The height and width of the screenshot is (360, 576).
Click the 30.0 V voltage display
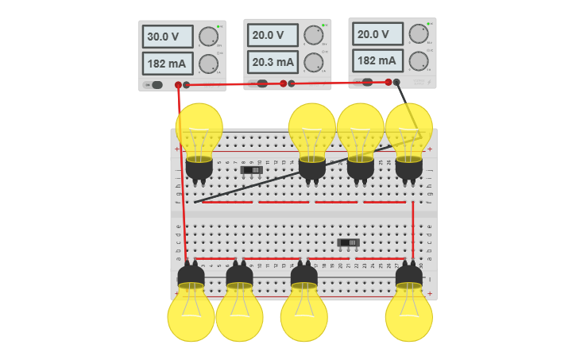(168, 37)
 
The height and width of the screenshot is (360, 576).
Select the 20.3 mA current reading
(273, 62)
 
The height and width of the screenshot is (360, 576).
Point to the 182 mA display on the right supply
(377, 60)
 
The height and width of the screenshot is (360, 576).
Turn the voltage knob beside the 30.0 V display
(208, 37)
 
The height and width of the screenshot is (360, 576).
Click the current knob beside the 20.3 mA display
(313, 62)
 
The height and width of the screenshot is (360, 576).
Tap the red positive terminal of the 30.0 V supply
(178, 85)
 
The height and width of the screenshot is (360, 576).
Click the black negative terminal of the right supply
(396, 81)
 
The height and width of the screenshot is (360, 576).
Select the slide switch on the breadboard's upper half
(252, 170)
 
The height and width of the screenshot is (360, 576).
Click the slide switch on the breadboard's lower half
(348, 242)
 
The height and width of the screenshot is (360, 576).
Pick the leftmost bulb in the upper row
(199, 130)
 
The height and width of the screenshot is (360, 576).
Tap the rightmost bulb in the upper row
(409, 130)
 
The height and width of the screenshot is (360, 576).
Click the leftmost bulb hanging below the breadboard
(191, 314)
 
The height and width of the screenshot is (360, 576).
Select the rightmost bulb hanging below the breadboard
(409, 314)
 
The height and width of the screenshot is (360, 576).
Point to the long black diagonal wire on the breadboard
(294, 174)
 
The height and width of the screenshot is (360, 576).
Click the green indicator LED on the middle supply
(323, 24)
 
